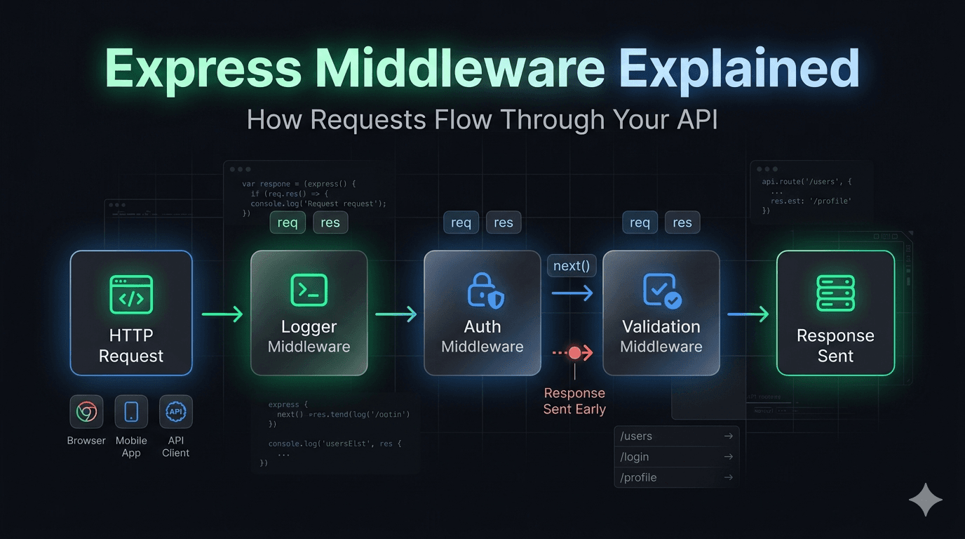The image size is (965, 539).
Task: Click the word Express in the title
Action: pyautogui.click(x=203, y=69)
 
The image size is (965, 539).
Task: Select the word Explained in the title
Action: pyautogui.click(x=739, y=69)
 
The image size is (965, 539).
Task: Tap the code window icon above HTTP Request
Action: pyautogui.click(x=131, y=294)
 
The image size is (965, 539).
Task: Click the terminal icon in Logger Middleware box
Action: pyautogui.click(x=309, y=290)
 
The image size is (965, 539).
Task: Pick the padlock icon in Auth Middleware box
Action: pyautogui.click(x=485, y=291)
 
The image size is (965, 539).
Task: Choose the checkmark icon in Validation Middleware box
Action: pyautogui.click(x=661, y=291)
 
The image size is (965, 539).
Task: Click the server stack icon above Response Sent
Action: pyautogui.click(x=835, y=293)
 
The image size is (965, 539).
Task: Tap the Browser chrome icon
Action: pyautogui.click(x=87, y=412)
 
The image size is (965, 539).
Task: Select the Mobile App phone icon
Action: pyautogui.click(x=131, y=412)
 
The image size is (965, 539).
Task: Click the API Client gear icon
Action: pyautogui.click(x=175, y=412)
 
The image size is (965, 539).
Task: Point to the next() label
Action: pyautogui.click(x=571, y=266)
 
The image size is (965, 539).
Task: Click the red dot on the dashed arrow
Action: pyautogui.click(x=575, y=352)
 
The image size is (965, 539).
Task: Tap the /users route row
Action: pyautogui.click(x=676, y=436)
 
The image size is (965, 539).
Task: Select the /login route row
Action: pyautogui.click(x=676, y=457)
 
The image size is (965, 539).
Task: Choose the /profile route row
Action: pyautogui.click(x=676, y=477)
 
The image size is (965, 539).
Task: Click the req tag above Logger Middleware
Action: pyautogui.click(x=288, y=222)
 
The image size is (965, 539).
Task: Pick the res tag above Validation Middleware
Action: pyautogui.click(x=682, y=222)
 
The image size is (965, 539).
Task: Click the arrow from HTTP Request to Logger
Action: pyautogui.click(x=222, y=314)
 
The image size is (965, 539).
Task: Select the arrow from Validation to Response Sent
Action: pyautogui.click(x=748, y=314)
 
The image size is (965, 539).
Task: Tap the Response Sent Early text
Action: pyautogui.click(x=574, y=401)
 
